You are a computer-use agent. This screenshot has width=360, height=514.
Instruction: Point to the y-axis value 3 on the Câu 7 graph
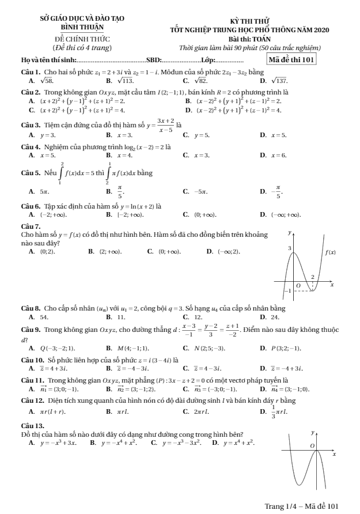coord(290,247)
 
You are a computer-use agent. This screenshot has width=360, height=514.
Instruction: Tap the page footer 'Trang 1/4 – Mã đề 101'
coord(301,506)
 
